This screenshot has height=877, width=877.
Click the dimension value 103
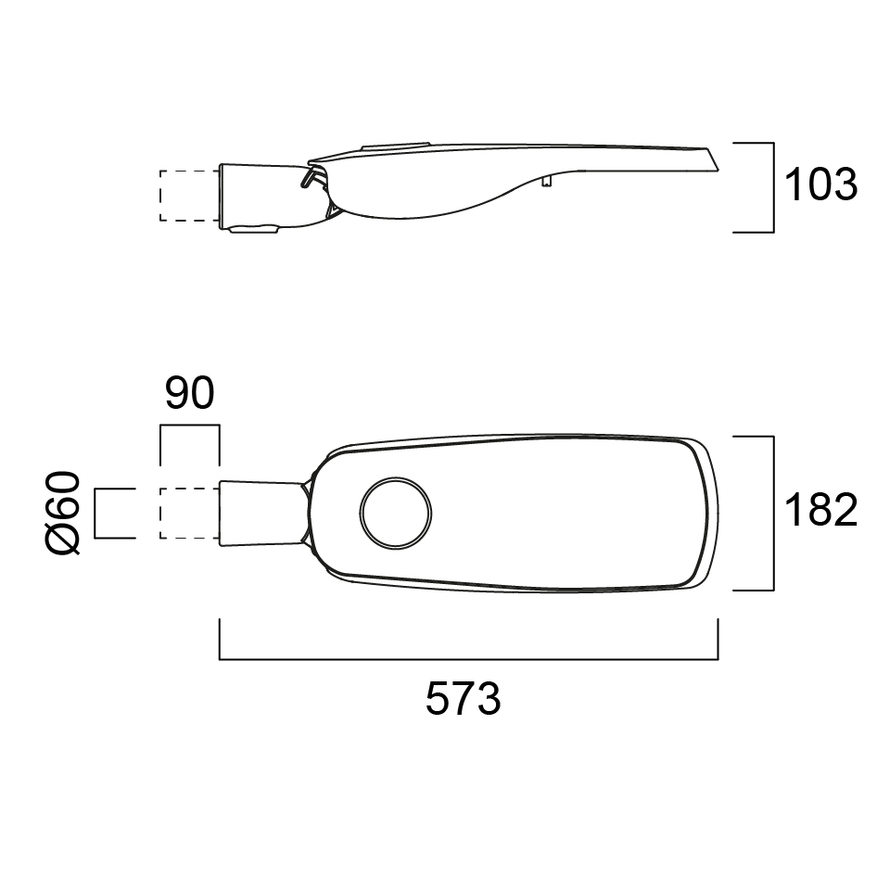pos(821,184)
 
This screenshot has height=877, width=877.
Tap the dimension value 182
pos(821,510)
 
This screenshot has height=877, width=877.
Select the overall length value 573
pos(464,698)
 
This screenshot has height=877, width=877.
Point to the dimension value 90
pos(190,393)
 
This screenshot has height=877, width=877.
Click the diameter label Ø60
pos(62,513)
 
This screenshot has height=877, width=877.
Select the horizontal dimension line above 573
pos(469,659)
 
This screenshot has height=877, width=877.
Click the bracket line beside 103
pos(773,187)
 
